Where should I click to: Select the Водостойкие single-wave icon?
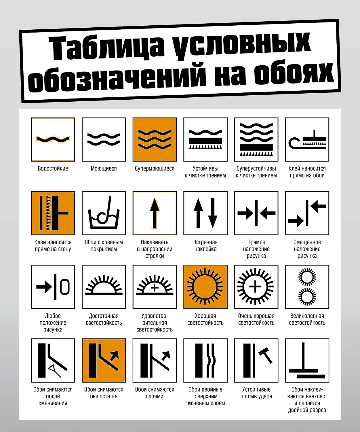click(x=53, y=139)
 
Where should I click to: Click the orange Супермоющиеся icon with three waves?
click(x=155, y=139)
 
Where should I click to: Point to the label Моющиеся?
click(x=104, y=168)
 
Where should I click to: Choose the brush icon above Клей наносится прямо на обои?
click(x=307, y=139)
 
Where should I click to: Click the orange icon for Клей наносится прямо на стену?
click(x=53, y=213)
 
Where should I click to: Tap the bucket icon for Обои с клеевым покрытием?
click(x=104, y=213)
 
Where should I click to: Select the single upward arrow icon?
click(x=155, y=213)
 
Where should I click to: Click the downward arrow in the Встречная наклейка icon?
click(x=213, y=213)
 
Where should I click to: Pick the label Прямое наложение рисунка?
click(x=256, y=249)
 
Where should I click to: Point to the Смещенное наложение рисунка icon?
click(x=307, y=213)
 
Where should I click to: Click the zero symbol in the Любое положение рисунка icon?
click(x=65, y=287)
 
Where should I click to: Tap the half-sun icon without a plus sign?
click(x=104, y=287)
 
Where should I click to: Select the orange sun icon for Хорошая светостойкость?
click(x=205, y=287)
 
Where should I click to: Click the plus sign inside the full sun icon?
click(x=255, y=287)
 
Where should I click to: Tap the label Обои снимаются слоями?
click(x=155, y=393)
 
